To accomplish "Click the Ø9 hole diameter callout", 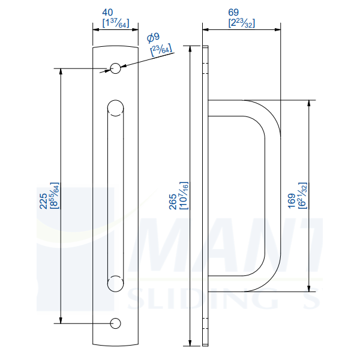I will tap(153, 38).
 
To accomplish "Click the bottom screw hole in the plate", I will tap(115, 323).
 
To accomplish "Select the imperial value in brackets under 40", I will tap(115, 23).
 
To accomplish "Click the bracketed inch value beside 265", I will tap(184, 196).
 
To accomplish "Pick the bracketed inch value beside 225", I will tap(54, 196).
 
